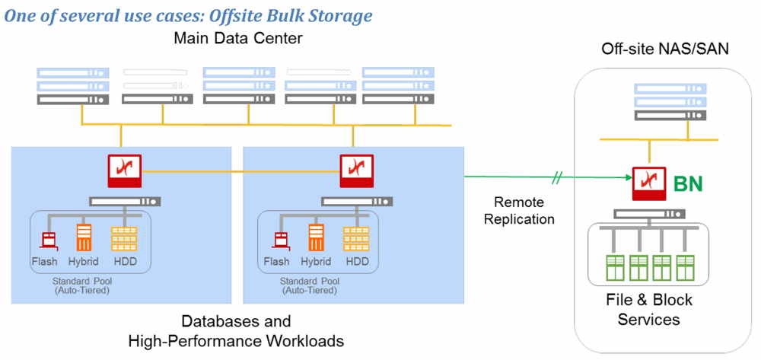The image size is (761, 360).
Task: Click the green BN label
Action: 688,183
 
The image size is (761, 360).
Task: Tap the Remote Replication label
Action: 524,210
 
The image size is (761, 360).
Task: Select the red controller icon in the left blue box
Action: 123,171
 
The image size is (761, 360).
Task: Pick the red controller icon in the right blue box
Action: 355,171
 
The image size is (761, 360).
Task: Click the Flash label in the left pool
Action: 45,262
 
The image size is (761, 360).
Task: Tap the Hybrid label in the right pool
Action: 315,262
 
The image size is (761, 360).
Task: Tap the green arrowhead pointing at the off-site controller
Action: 628,179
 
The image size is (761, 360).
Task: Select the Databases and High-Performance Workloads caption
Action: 237,330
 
